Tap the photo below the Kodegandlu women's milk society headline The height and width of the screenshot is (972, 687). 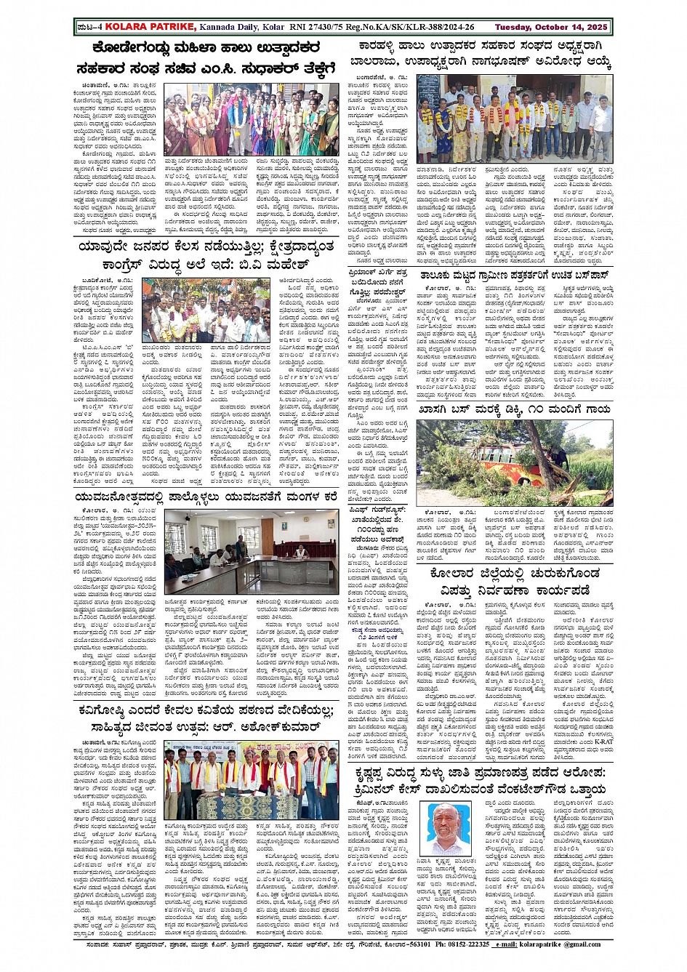251,119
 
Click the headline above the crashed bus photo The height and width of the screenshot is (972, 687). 515,409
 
